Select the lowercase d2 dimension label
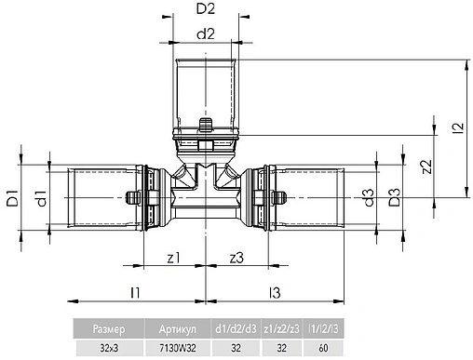pos(207,35)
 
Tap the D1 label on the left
pos(12,197)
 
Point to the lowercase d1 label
pos(40,197)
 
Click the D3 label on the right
pos(395,198)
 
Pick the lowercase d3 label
pos(369,197)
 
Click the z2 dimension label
pos(426,167)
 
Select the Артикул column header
pos(177,328)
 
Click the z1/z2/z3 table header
pos(281,328)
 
